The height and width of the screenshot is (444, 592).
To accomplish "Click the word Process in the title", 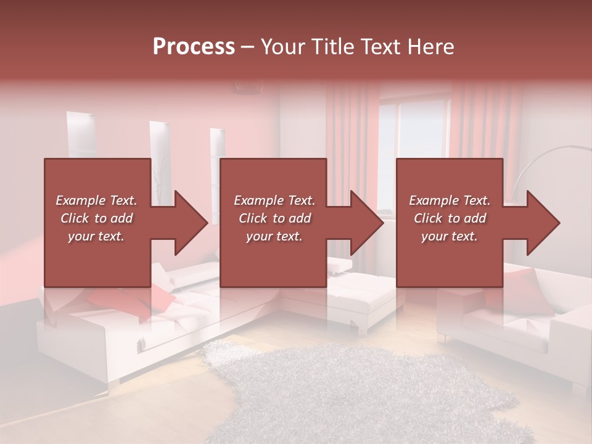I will pos(194,47).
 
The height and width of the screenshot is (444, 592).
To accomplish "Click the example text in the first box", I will pos(96,218).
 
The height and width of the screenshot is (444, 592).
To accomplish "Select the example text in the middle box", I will pos(274,218).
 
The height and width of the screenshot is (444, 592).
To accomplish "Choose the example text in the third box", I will pos(450,218).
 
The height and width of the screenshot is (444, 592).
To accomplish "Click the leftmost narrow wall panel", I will pos(80,136).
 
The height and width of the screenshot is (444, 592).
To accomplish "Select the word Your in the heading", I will pos(283,47).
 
